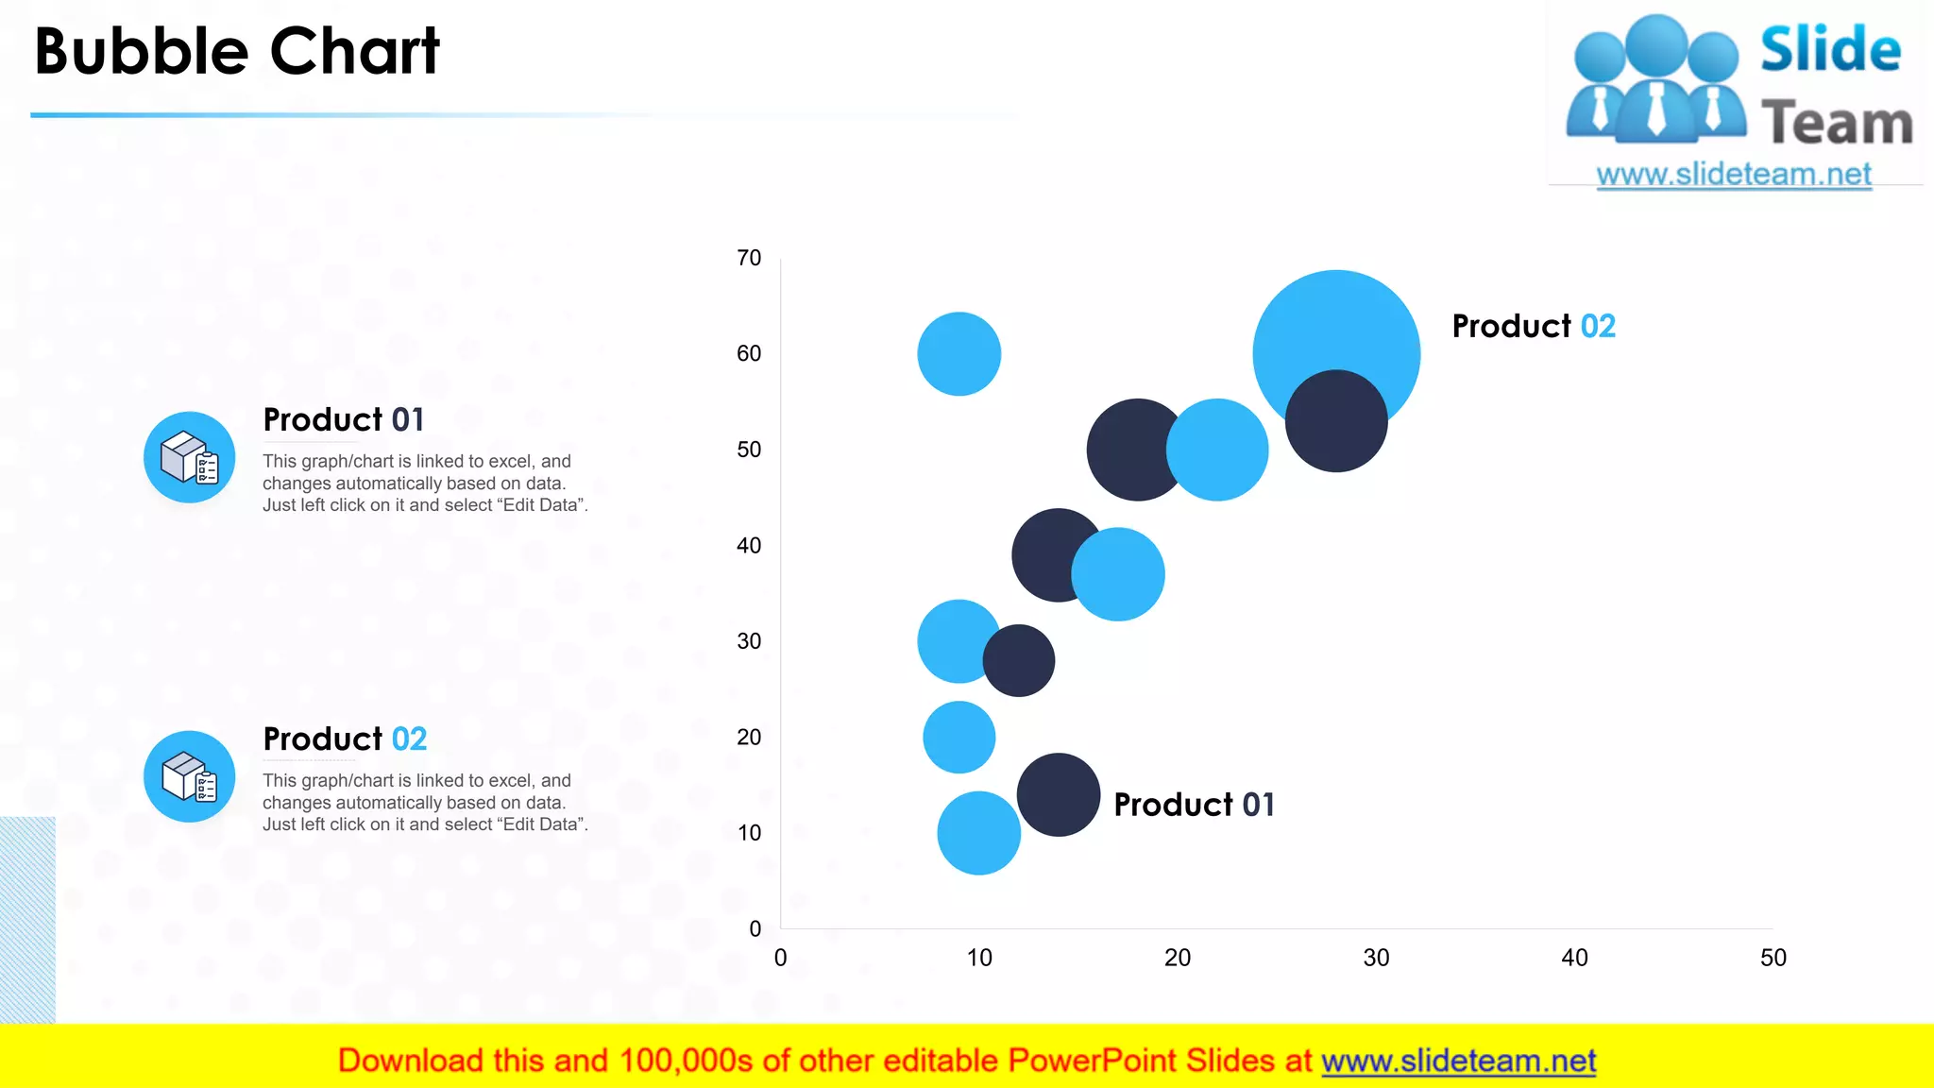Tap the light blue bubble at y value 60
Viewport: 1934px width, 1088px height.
pos(959,353)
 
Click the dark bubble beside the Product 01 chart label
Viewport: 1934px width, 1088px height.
pos(1058,794)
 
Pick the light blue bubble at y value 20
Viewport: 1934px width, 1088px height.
pos(959,737)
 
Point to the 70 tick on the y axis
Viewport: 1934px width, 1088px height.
pos(749,258)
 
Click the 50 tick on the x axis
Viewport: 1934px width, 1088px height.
pos(1773,958)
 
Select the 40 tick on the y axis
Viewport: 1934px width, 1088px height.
pos(749,546)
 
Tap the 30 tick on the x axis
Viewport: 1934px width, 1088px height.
pos(1376,958)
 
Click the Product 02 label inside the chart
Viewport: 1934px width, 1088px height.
pos(1533,326)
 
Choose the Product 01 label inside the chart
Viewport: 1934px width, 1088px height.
pos(1194,805)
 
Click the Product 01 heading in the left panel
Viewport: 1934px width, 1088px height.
pos(344,419)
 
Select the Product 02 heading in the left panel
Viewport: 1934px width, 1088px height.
pos(345,739)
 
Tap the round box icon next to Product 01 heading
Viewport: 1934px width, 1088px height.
pos(189,457)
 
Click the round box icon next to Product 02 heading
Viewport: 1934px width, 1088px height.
pos(189,776)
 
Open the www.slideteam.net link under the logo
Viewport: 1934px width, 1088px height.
pos(1733,175)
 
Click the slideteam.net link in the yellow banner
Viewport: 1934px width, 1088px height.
pos(1458,1062)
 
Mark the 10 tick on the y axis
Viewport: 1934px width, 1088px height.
pos(749,833)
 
